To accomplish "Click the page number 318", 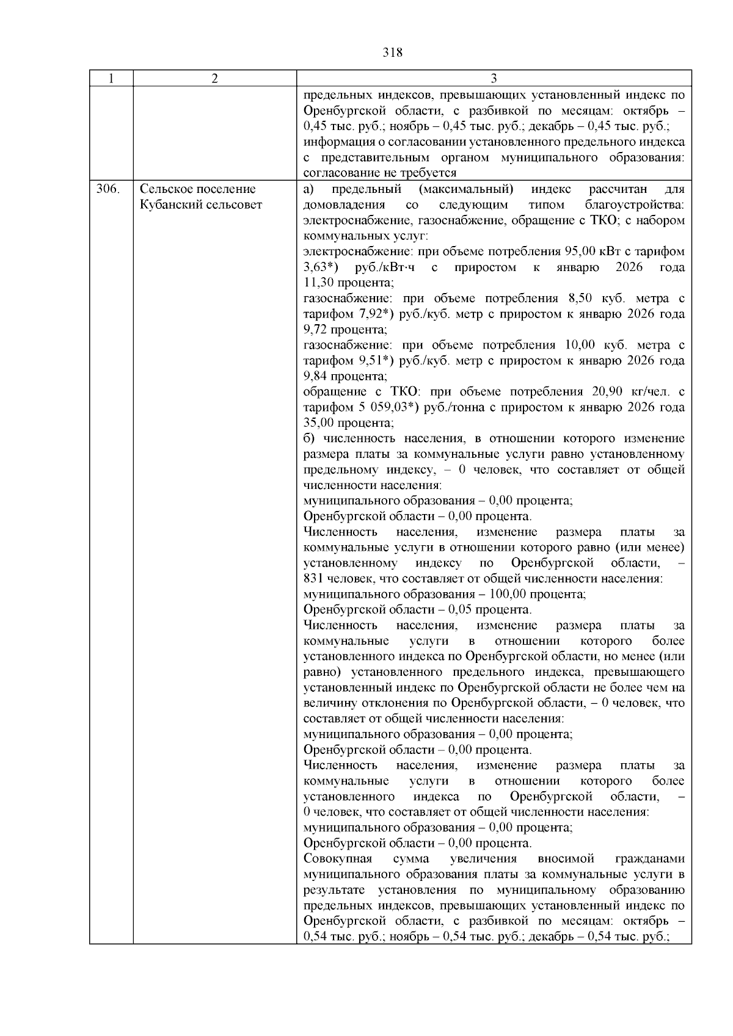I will [x=392, y=53].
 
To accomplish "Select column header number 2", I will [x=214, y=79].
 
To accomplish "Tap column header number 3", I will [x=494, y=79].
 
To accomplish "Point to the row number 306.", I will [x=108, y=189].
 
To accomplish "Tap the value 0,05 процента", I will [x=462, y=610].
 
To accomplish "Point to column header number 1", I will [x=111, y=79].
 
